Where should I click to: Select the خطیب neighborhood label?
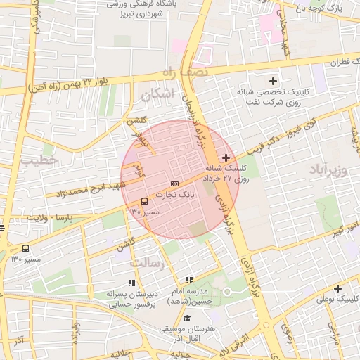[37, 162]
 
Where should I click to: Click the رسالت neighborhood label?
[146, 262]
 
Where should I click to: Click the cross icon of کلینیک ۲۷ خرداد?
[226, 157]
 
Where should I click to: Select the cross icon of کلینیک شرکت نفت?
[274, 81]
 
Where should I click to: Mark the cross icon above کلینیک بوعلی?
[338, 288]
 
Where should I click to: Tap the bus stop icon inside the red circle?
[144, 201]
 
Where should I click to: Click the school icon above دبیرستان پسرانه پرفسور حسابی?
[131, 283]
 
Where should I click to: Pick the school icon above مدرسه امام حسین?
[188, 281]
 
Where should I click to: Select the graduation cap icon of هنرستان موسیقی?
[187, 319]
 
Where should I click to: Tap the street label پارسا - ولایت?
[50, 218]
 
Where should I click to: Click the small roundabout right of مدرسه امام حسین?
[227, 292]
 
